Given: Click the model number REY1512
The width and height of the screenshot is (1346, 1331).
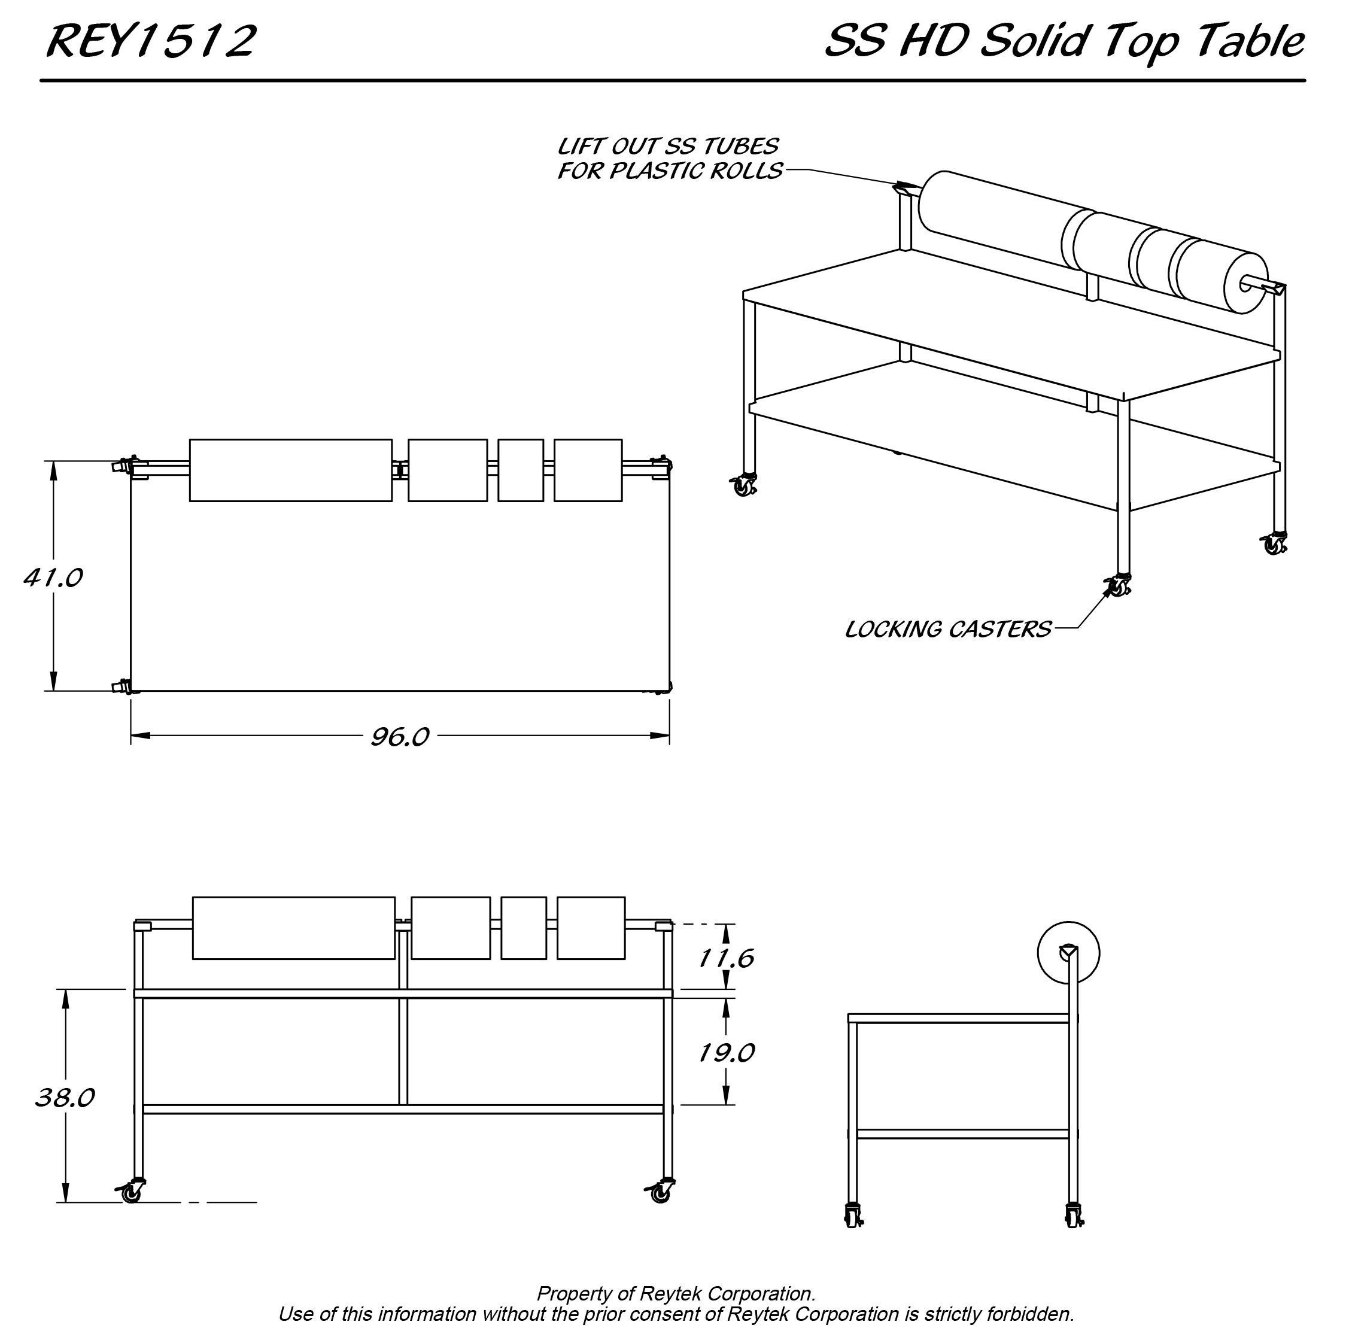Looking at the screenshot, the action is pyautogui.click(x=151, y=42).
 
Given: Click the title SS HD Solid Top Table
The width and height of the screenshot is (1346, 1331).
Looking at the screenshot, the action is pyautogui.click(x=1064, y=42).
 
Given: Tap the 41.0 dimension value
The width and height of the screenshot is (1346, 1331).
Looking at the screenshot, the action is pyautogui.click(x=53, y=578).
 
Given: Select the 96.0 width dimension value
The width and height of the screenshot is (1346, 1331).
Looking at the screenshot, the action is pyautogui.click(x=400, y=737).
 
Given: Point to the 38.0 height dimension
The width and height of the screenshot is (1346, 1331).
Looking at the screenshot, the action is pyautogui.click(x=65, y=1098).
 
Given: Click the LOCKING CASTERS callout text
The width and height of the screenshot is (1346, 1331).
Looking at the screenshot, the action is pyautogui.click(x=948, y=630).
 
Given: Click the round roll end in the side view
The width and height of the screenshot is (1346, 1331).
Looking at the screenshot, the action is pyautogui.click(x=1068, y=953).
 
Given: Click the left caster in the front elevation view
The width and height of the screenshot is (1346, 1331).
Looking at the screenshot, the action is pyautogui.click(x=130, y=1192).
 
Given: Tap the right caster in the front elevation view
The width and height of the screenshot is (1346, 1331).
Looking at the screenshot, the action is pyautogui.click(x=659, y=1192).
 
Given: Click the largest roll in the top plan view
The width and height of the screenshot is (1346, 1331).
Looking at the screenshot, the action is pyautogui.click(x=290, y=470).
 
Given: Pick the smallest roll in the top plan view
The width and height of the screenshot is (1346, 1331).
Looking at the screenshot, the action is pyautogui.click(x=521, y=470).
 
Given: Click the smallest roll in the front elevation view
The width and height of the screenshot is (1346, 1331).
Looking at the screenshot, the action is pyautogui.click(x=524, y=928).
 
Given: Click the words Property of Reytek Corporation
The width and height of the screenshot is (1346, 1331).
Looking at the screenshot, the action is pyautogui.click(x=676, y=1294).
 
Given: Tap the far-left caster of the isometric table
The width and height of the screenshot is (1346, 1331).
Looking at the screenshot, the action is pyautogui.click(x=743, y=485).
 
